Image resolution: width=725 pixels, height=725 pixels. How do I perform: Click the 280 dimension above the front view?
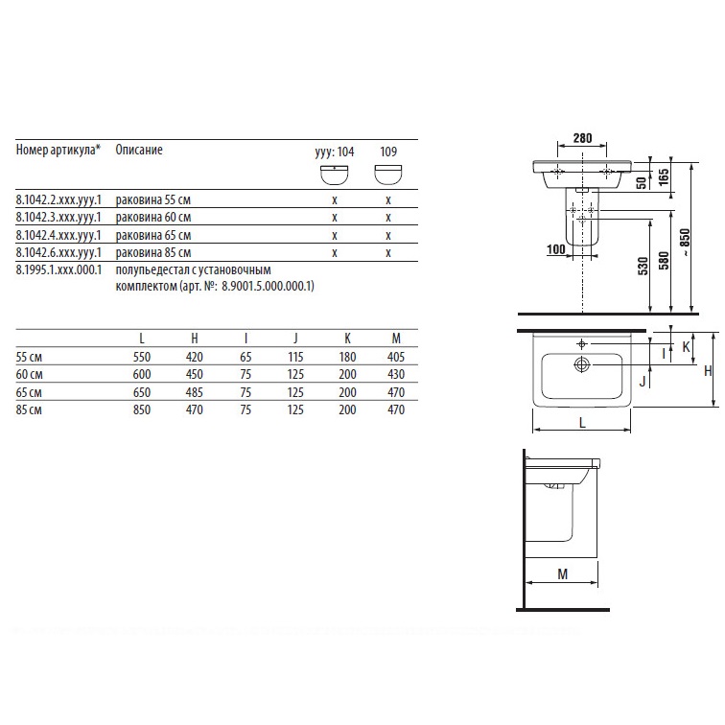[582, 138]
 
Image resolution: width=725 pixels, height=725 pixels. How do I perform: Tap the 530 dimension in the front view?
[643, 267]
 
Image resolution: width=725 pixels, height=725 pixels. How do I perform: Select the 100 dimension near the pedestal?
[556, 249]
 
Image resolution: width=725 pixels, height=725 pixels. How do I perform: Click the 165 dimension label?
[664, 177]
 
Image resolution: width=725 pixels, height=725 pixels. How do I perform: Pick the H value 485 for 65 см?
[194, 392]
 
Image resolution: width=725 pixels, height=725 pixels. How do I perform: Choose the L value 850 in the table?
[142, 409]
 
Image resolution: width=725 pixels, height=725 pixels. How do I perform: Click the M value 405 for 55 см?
[396, 357]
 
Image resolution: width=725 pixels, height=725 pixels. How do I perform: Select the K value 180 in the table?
[347, 357]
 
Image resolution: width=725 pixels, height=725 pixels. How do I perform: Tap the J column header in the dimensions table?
[295, 339]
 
